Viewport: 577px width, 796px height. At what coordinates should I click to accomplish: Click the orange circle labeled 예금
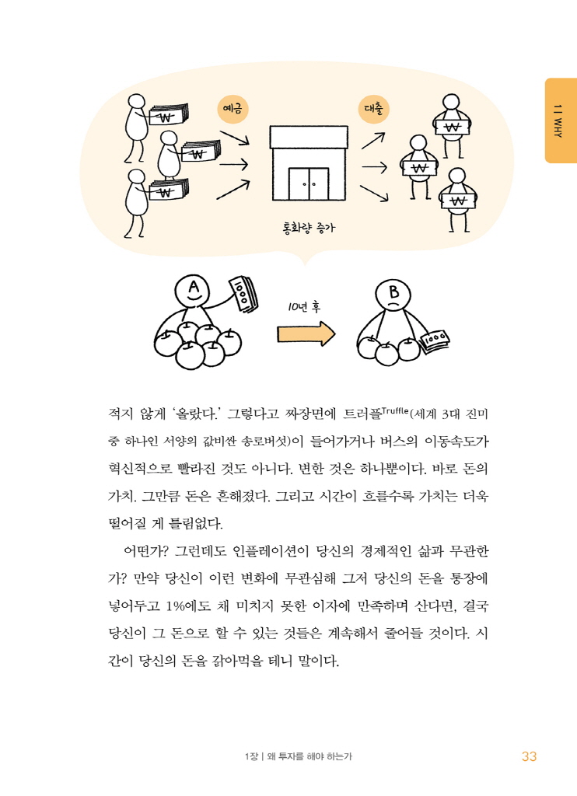[x=231, y=110]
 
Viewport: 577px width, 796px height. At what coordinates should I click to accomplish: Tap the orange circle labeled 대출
[x=372, y=110]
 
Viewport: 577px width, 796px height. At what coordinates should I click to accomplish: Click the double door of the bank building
[x=308, y=183]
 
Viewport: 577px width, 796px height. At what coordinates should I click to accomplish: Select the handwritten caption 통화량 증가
[x=311, y=228]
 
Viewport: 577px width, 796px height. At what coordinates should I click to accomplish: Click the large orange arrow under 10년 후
[x=306, y=334]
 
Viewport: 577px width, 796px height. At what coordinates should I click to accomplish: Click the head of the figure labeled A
[x=193, y=292]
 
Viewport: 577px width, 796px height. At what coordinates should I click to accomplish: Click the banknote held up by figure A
[x=243, y=292]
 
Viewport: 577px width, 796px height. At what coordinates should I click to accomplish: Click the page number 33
[x=530, y=756]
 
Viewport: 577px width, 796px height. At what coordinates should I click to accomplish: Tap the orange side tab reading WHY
[x=559, y=120]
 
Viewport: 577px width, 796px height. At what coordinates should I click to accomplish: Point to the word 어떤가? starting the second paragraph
[x=148, y=552]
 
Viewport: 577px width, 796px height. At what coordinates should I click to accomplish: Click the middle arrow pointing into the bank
[x=233, y=164]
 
